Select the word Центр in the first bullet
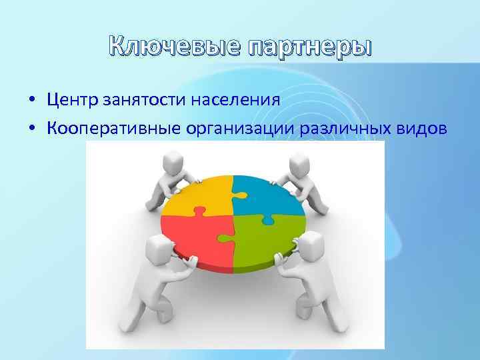(73, 101)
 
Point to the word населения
(235, 101)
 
